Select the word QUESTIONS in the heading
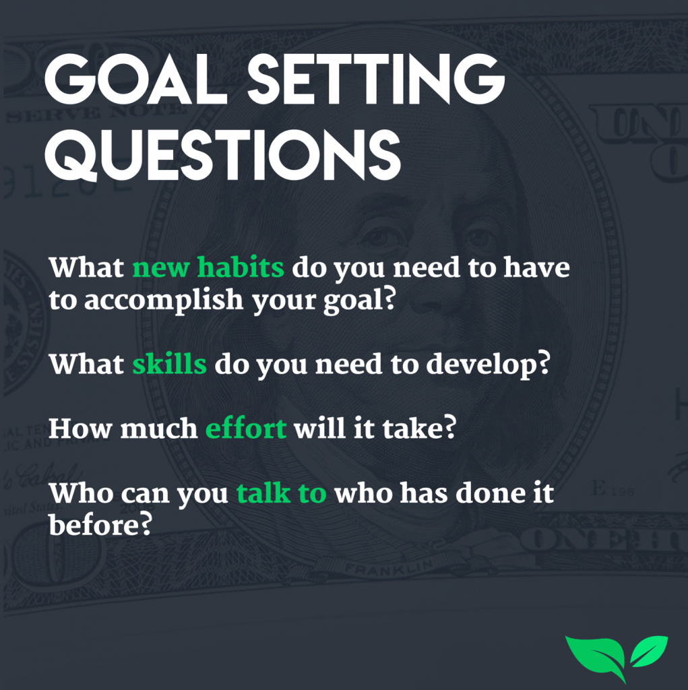[223, 155]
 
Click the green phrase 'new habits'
[208, 267]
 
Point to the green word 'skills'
[169, 364]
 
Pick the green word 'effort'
[246, 428]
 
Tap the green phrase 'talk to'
[282, 493]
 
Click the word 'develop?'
[488, 365]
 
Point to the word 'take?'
[419, 428]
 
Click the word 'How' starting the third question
[80, 428]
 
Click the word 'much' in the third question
[159, 428]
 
